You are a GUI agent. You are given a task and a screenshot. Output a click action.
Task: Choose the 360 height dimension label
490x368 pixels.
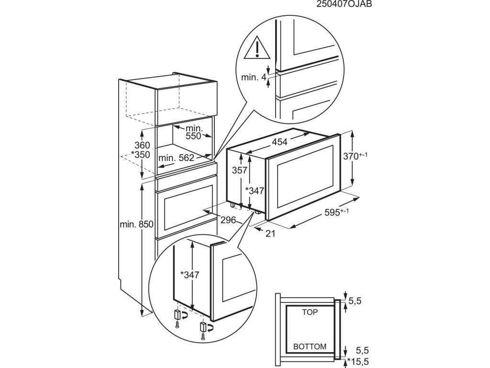[x=129, y=145]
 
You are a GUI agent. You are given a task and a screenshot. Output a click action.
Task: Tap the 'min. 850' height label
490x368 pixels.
[x=137, y=224]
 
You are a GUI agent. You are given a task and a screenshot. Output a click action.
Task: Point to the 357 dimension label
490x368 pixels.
[x=239, y=170]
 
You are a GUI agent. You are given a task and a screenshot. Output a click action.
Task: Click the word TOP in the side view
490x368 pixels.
[x=310, y=311]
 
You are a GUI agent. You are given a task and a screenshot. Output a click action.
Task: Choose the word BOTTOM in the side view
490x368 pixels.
[x=310, y=346]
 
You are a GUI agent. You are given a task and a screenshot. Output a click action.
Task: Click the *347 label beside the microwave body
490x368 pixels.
[x=254, y=191]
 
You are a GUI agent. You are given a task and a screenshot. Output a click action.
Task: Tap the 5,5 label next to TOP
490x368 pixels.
[x=355, y=301]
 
